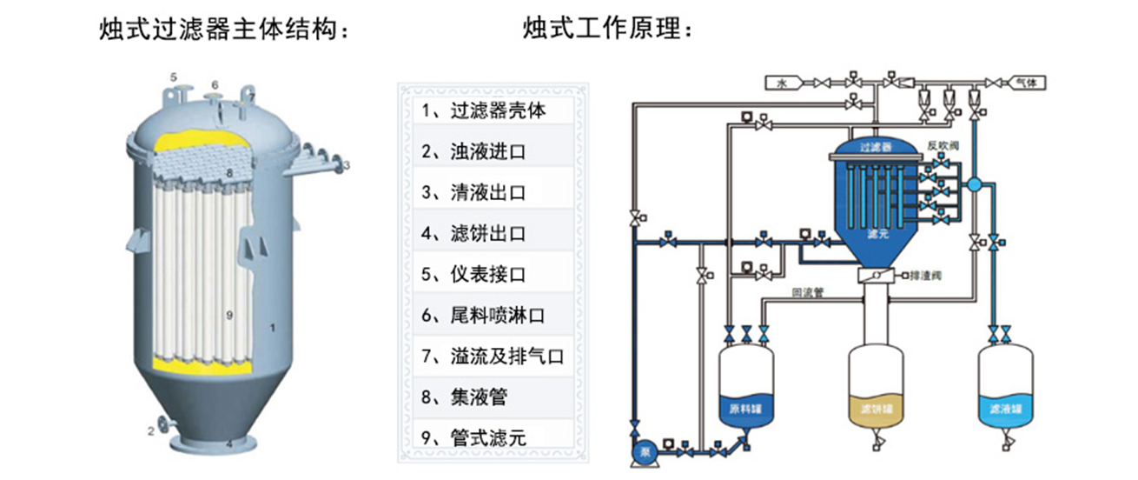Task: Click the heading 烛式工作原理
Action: click(608, 31)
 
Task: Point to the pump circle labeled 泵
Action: click(645, 452)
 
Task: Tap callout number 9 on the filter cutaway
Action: click(229, 315)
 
